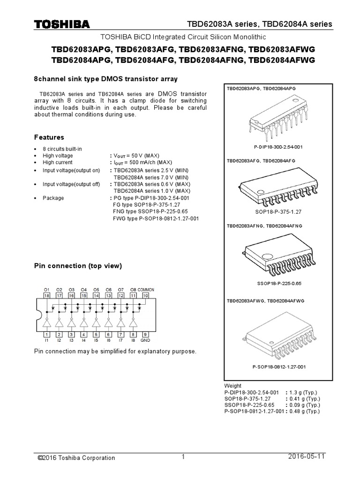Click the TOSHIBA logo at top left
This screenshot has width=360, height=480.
pyautogui.click(x=61, y=24)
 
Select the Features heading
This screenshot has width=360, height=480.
pyautogui.click(x=49, y=137)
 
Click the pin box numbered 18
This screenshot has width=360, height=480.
pyautogui.click(x=46, y=296)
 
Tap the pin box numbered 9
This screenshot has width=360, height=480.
pyautogui.click(x=145, y=334)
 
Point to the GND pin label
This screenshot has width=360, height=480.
pyautogui.click(x=145, y=341)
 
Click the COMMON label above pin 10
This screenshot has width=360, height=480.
pyautogui.click(x=146, y=290)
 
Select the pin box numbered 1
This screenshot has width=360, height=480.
pyautogui.click(x=46, y=334)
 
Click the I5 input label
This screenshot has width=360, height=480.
pyautogui.click(x=96, y=341)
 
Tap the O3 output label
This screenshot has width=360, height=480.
pyautogui.click(x=71, y=290)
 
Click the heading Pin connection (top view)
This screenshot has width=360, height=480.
pyautogui.click(x=78, y=266)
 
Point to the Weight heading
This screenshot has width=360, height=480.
pyautogui.click(x=232, y=385)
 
